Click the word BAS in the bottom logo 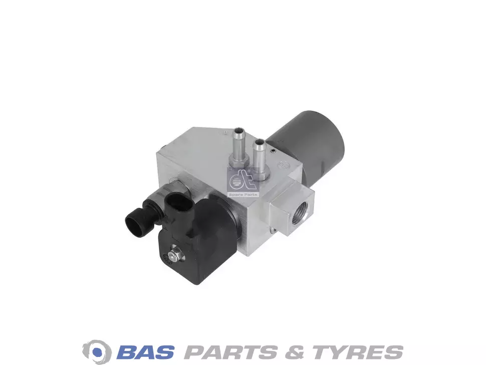coord(145,352)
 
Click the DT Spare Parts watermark coord(244,182)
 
